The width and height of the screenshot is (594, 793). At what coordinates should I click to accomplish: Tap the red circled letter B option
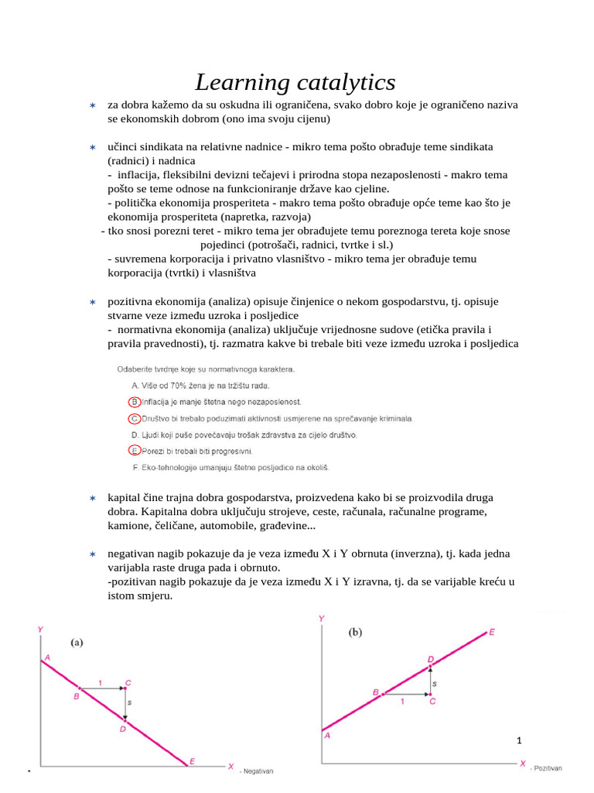coord(135,402)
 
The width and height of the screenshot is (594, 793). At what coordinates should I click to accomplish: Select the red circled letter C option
coord(135,418)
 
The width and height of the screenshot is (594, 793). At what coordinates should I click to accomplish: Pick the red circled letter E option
coord(135,451)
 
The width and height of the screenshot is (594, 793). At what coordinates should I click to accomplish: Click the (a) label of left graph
coord(77,642)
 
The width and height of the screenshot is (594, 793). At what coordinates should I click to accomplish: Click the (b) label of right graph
coord(355,632)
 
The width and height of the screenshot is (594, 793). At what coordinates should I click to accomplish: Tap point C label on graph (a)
coord(128,682)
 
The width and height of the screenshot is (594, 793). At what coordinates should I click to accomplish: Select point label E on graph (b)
coord(492,632)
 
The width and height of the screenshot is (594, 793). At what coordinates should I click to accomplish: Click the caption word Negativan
coord(258,771)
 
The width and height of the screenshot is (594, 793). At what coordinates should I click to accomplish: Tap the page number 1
coord(520,741)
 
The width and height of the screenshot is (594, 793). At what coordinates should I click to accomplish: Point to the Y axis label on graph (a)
coord(40,630)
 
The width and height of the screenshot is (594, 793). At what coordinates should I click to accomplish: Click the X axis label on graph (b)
coord(523,764)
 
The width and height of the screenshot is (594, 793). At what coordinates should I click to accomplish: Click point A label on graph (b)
coord(328,736)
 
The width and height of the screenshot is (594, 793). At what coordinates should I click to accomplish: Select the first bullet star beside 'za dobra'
coord(92,105)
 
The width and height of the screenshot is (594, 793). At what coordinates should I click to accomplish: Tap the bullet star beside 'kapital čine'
coord(92,498)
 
